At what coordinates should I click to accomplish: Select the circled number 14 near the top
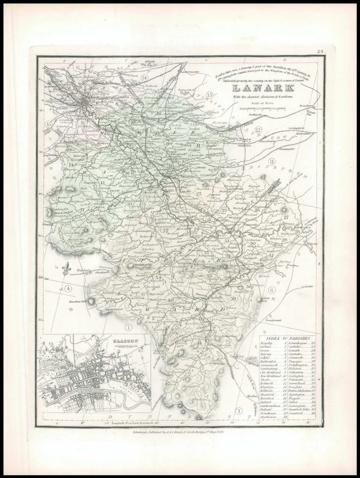[x=144, y=78]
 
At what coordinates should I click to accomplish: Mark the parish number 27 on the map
[x=286, y=218]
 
